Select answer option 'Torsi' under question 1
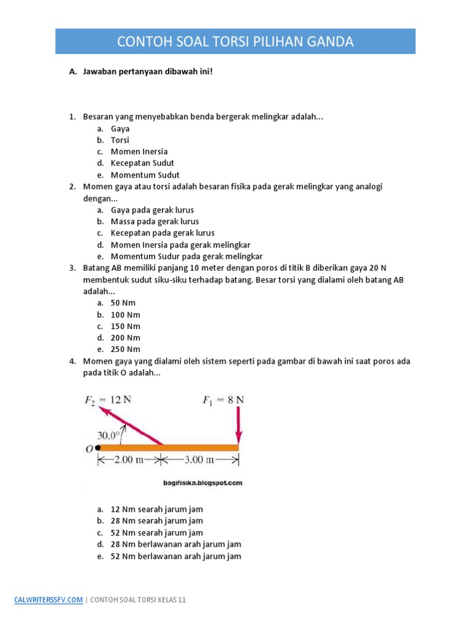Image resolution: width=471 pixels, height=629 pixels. [120, 140]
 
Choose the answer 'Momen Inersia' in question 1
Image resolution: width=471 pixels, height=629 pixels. [139, 152]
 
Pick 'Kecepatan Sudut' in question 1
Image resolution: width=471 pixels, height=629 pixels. [142, 163]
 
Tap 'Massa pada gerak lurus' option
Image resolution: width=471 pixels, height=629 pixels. [155, 221]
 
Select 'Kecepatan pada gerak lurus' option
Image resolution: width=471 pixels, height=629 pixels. [163, 233]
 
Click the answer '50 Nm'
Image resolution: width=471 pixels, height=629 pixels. [123, 303]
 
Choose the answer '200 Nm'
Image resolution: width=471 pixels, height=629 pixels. [125, 338]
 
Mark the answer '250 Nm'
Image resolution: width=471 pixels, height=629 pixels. [125, 350]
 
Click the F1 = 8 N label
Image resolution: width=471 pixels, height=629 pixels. [223, 400]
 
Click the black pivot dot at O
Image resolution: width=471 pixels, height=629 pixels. [98, 448]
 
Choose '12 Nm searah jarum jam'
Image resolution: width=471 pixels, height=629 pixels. [156, 509]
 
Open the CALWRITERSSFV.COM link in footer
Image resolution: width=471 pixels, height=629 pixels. [48, 600]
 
